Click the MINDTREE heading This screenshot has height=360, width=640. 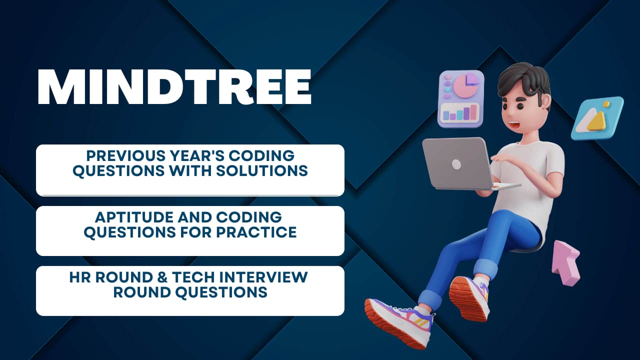[174, 86]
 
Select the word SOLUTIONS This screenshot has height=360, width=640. [261, 170]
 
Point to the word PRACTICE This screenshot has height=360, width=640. [256, 232]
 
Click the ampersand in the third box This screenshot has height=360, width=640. [161, 277]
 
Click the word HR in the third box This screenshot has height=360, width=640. [80, 277]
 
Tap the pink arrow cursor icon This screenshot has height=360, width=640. [565, 263]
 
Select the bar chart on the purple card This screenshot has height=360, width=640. [460, 113]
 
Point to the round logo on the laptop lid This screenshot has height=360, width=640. [456, 164]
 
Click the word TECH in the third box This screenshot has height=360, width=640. [193, 277]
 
